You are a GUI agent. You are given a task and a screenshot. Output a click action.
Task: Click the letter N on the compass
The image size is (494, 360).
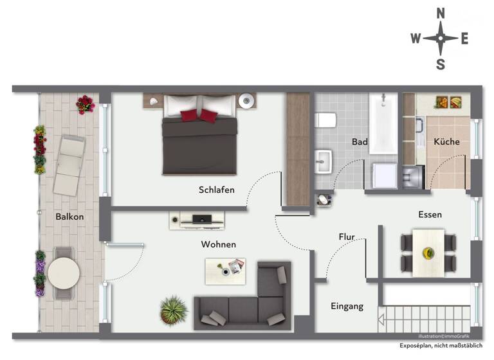point(441,13)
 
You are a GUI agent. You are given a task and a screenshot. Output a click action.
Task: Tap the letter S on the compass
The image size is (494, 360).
point(441,64)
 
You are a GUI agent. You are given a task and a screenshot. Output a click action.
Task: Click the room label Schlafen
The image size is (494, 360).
point(216,190)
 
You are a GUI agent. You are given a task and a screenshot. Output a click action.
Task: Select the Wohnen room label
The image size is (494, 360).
point(218,244)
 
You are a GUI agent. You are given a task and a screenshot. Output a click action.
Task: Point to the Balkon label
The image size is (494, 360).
point(69,217)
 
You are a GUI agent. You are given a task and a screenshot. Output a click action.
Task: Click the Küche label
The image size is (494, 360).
point(446,141)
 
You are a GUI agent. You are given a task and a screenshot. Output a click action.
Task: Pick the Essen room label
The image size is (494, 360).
point(430,215)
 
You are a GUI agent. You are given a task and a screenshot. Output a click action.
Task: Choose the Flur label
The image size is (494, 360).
point(347,237)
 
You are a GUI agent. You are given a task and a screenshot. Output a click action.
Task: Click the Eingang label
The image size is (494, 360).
point(347,306)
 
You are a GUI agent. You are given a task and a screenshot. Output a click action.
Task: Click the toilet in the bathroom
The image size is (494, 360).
point(325,120)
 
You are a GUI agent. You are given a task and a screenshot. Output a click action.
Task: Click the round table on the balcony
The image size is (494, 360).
point(63,274)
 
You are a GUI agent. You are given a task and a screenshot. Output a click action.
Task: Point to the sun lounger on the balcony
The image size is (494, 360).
point(68,166)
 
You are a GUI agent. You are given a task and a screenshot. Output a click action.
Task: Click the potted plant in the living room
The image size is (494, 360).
point(173,310)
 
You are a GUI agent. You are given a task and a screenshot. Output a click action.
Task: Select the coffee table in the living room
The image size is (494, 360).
point(225,270)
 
